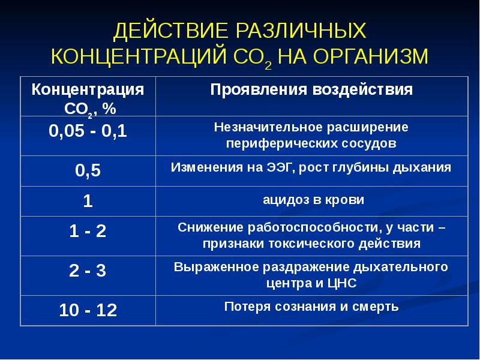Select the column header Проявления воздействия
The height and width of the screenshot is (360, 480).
[311, 90]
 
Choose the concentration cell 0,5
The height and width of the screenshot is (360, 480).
[88, 171]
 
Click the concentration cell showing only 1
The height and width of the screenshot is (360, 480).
[88, 201]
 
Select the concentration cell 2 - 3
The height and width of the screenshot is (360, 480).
[88, 271]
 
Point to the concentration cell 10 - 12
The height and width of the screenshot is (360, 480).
[88, 311]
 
